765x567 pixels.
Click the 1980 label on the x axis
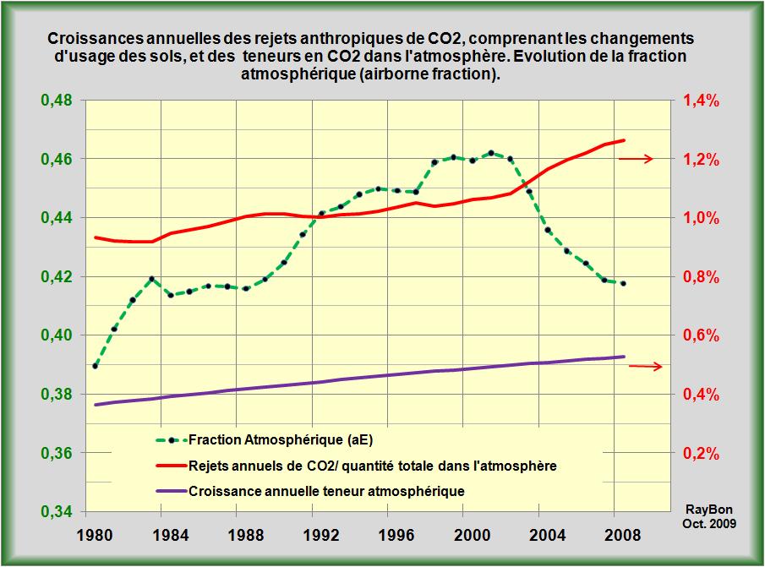(x=94, y=534)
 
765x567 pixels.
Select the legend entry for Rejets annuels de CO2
(x=372, y=466)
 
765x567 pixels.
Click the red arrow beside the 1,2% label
(x=636, y=159)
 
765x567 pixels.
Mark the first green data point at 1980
(x=96, y=366)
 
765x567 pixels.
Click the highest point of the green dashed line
(x=491, y=153)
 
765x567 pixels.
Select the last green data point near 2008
(x=623, y=284)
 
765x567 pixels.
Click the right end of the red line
(x=624, y=140)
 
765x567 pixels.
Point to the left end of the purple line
(x=96, y=405)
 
